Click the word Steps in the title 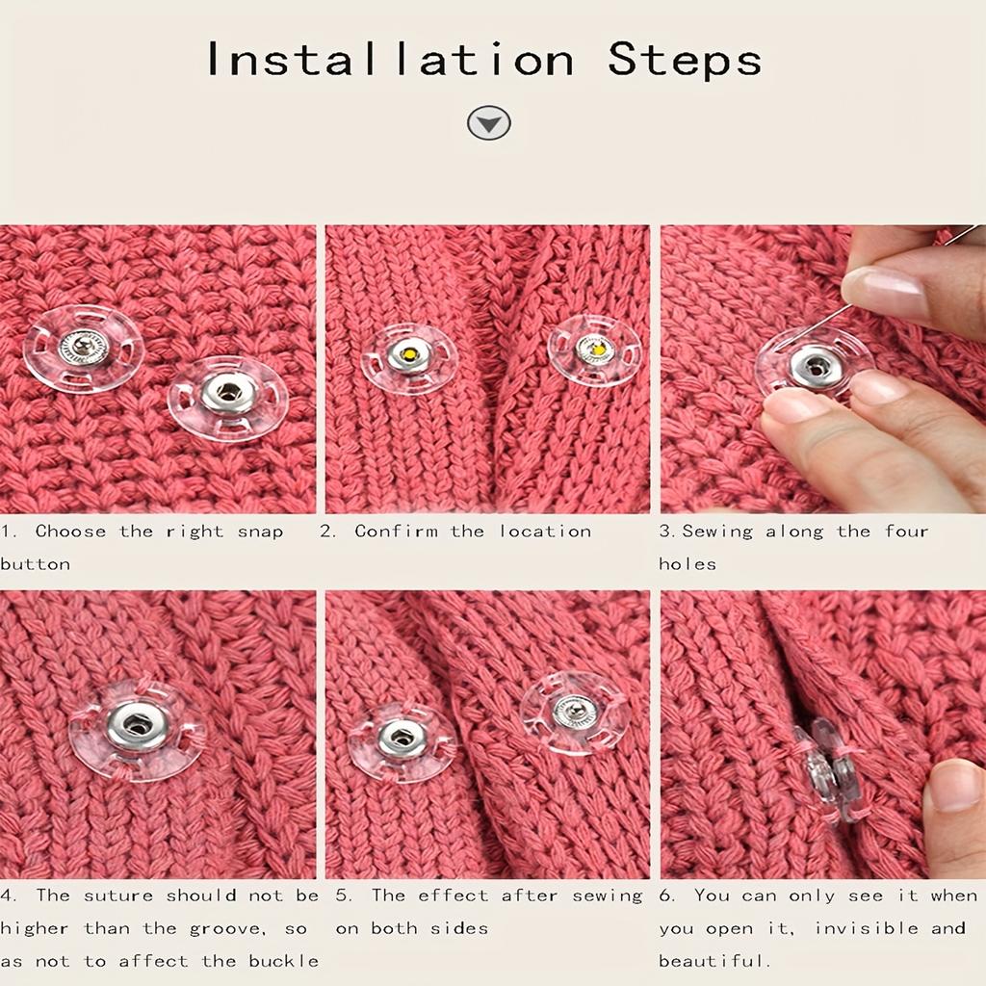(685, 60)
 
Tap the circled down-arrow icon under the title (489, 123)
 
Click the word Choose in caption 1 (70, 532)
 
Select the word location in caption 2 (545, 532)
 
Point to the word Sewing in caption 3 (718, 532)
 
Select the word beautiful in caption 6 (714, 961)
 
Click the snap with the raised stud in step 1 (83, 348)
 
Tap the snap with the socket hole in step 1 (228, 393)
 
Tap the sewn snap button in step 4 (137, 729)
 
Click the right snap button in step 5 (575, 712)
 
